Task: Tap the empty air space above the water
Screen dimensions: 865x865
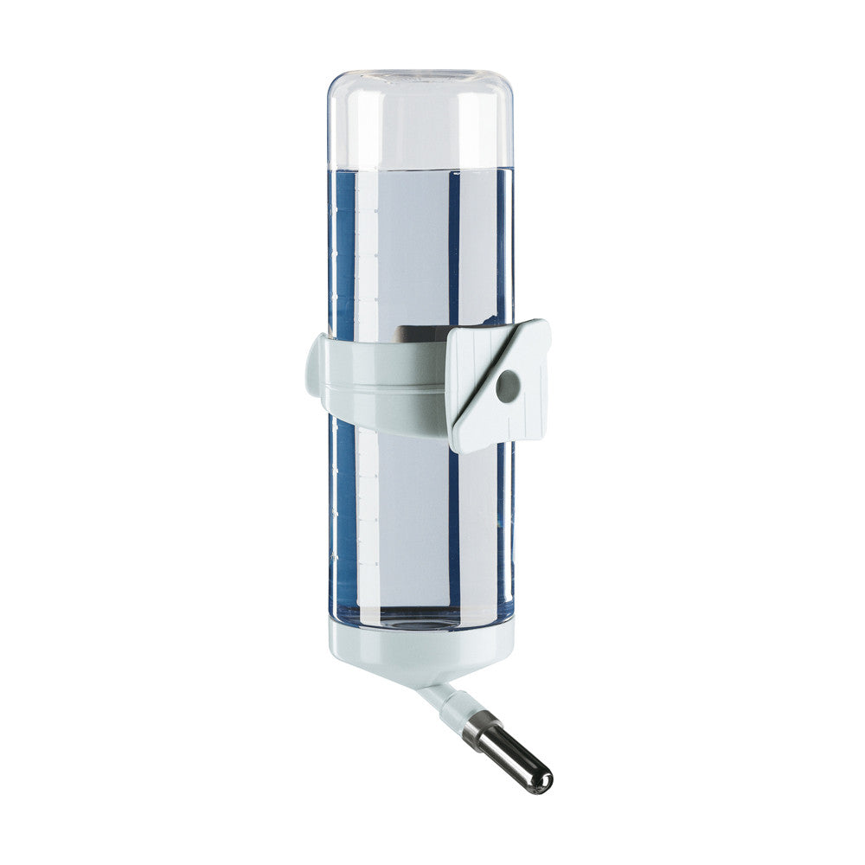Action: click(420, 121)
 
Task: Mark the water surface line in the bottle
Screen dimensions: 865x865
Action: click(420, 168)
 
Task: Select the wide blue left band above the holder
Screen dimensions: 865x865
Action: click(344, 251)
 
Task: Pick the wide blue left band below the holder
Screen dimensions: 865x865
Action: click(344, 519)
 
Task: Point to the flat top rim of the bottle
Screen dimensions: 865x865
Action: click(420, 73)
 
